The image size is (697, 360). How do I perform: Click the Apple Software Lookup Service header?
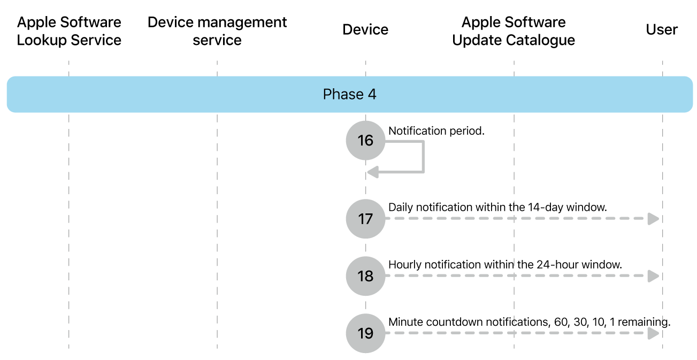click(69, 31)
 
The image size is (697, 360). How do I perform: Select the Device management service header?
click(217, 31)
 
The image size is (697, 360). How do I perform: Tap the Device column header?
click(365, 29)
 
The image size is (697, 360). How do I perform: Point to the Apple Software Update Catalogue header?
click(514, 31)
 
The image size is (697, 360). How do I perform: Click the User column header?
click(662, 29)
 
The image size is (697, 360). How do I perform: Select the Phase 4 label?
click(349, 95)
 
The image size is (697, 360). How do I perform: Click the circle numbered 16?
click(365, 140)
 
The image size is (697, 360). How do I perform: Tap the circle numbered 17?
click(365, 219)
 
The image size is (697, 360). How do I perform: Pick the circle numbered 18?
click(365, 276)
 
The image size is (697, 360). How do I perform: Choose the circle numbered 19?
click(365, 333)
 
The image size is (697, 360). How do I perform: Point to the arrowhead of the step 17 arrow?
click(653, 219)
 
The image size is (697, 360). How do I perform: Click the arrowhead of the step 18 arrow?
click(653, 276)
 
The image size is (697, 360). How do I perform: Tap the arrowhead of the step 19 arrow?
click(653, 333)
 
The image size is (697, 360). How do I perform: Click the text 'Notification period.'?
click(436, 131)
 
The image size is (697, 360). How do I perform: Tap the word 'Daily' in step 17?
click(400, 208)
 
